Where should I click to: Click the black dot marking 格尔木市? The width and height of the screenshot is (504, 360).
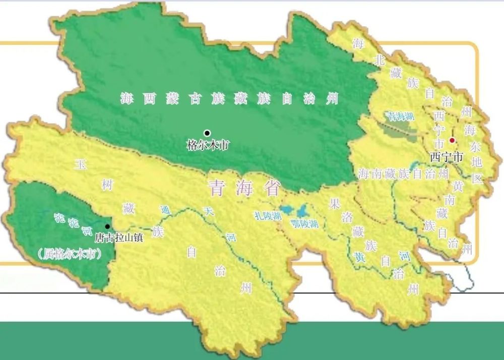pos(207,133)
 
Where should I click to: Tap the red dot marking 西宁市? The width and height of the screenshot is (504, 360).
pos(452,140)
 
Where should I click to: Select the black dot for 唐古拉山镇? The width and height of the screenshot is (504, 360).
pos(107,227)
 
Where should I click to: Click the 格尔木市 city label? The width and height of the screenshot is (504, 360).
pos(208,146)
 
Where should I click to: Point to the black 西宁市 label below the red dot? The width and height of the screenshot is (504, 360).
pos(446,157)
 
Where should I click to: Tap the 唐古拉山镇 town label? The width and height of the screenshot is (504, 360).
pos(119,237)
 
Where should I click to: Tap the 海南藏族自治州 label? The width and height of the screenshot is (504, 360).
pos(403,174)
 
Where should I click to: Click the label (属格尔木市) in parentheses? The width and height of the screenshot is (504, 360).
pos(70,254)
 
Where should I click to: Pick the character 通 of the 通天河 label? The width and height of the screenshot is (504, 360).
pos(164,210)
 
